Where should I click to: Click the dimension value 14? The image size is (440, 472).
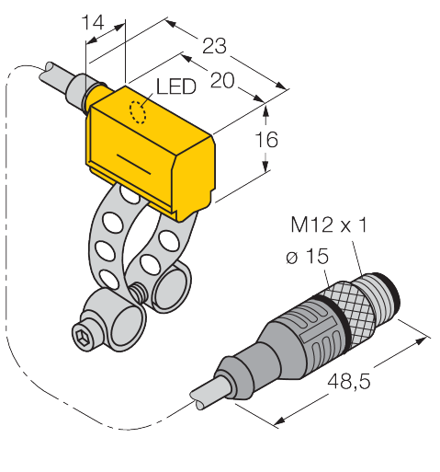tap(93, 23)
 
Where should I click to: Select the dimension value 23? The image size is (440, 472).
tap(214, 46)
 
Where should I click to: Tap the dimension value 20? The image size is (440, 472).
tap(223, 80)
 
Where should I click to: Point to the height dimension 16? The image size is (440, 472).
tap(266, 140)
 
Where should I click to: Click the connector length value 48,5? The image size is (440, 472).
tap(349, 382)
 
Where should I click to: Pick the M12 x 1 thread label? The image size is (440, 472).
tap(328, 224)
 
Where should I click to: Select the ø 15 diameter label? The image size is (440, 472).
tap(307, 256)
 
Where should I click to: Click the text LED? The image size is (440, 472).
tap(176, 86)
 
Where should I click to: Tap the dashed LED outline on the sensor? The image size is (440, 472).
tap(138, 112)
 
